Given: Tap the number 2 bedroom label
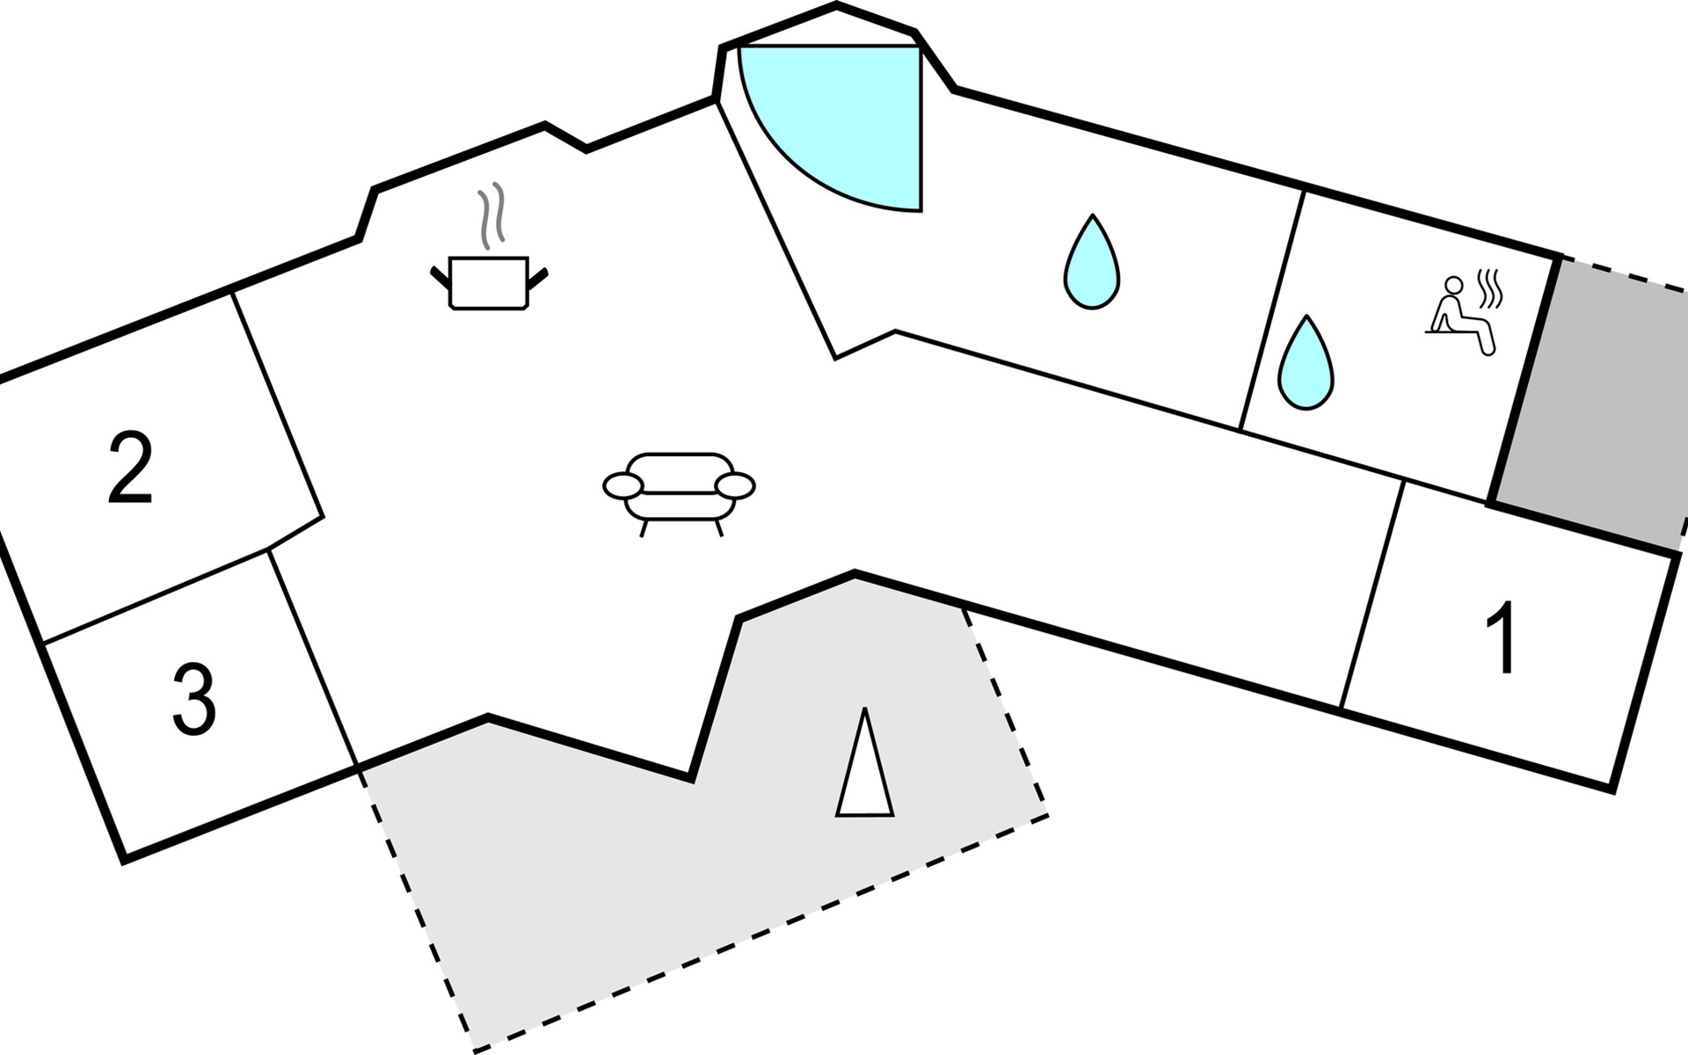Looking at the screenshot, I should (x=130, y=469).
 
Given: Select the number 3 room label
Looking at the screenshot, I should (x=193, y=700).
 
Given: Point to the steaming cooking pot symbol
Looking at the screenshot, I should (x=489, y=281).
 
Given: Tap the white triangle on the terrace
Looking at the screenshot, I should (x=865, y=765).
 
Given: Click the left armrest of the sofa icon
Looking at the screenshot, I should (x=623, y=484).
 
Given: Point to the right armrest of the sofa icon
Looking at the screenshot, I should (x=735, y=484).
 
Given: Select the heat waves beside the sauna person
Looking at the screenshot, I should (x=1490, y=288).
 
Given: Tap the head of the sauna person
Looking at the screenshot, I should (x=1454, y=285).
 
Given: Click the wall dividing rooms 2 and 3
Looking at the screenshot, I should (x=154, y=595).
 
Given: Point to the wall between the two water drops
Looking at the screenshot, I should (x=1271, y=309).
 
